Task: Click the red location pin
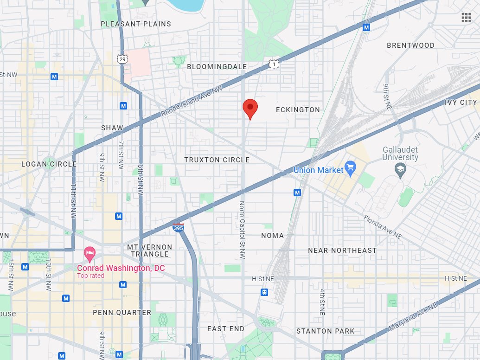point(250,108)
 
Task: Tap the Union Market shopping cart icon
point(350,170)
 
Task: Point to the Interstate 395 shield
point(178,227)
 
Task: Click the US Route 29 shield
point(122,59)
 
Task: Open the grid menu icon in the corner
point(466,18)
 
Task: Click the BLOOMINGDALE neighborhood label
point(217,67)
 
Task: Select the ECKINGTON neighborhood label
point(298,110)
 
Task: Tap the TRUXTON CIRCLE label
point(217,160)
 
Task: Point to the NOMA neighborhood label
point(272,236)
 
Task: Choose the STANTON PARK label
point(325,331)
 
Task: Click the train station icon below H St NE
point(264,292)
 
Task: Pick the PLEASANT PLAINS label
point(136,24)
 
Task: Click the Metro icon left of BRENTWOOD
point(366,28)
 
